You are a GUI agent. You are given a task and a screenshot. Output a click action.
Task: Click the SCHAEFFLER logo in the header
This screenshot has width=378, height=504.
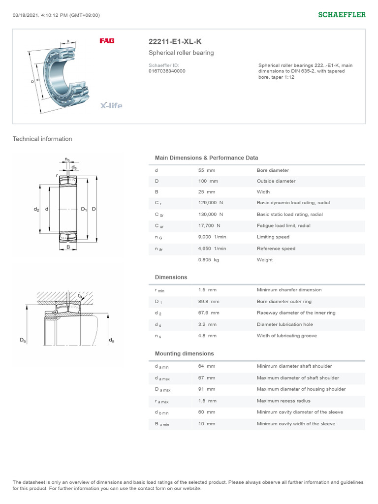coord(342,15)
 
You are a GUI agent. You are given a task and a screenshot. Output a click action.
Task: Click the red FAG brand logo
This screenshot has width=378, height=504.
coord(107,41)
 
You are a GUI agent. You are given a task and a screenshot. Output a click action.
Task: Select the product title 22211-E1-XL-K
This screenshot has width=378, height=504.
coord(175,42)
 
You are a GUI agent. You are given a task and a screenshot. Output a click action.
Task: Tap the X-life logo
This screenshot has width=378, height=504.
coord(111,105)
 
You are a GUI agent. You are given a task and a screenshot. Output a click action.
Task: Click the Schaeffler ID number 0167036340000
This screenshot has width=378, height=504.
coord(167,71)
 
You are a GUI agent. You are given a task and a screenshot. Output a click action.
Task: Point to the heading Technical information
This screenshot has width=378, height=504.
coord(42,139)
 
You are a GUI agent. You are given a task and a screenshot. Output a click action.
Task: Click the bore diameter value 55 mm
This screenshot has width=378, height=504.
coord(206,170)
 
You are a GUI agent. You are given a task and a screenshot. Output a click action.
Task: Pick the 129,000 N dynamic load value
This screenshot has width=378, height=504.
coord(210,203)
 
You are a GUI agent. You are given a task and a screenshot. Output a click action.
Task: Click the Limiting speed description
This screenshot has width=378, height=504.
coord(273,237)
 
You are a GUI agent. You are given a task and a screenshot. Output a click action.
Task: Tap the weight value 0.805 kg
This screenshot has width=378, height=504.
coord(208,259)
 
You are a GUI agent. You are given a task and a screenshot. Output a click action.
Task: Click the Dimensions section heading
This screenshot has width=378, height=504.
coord(171,277)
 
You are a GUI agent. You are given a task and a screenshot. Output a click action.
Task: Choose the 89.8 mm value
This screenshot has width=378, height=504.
coord(209,301)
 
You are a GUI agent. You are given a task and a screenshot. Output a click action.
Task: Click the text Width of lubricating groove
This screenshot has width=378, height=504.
coord(286,336)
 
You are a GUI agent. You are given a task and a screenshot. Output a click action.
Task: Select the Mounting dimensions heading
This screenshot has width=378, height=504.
coord(184,353)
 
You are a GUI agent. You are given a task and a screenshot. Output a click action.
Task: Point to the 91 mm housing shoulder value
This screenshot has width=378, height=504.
coord(206,389)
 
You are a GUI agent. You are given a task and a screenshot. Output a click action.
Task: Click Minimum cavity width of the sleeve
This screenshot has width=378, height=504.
coord(296,423)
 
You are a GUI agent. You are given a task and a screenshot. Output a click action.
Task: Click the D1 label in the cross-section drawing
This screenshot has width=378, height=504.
coord(84,209)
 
